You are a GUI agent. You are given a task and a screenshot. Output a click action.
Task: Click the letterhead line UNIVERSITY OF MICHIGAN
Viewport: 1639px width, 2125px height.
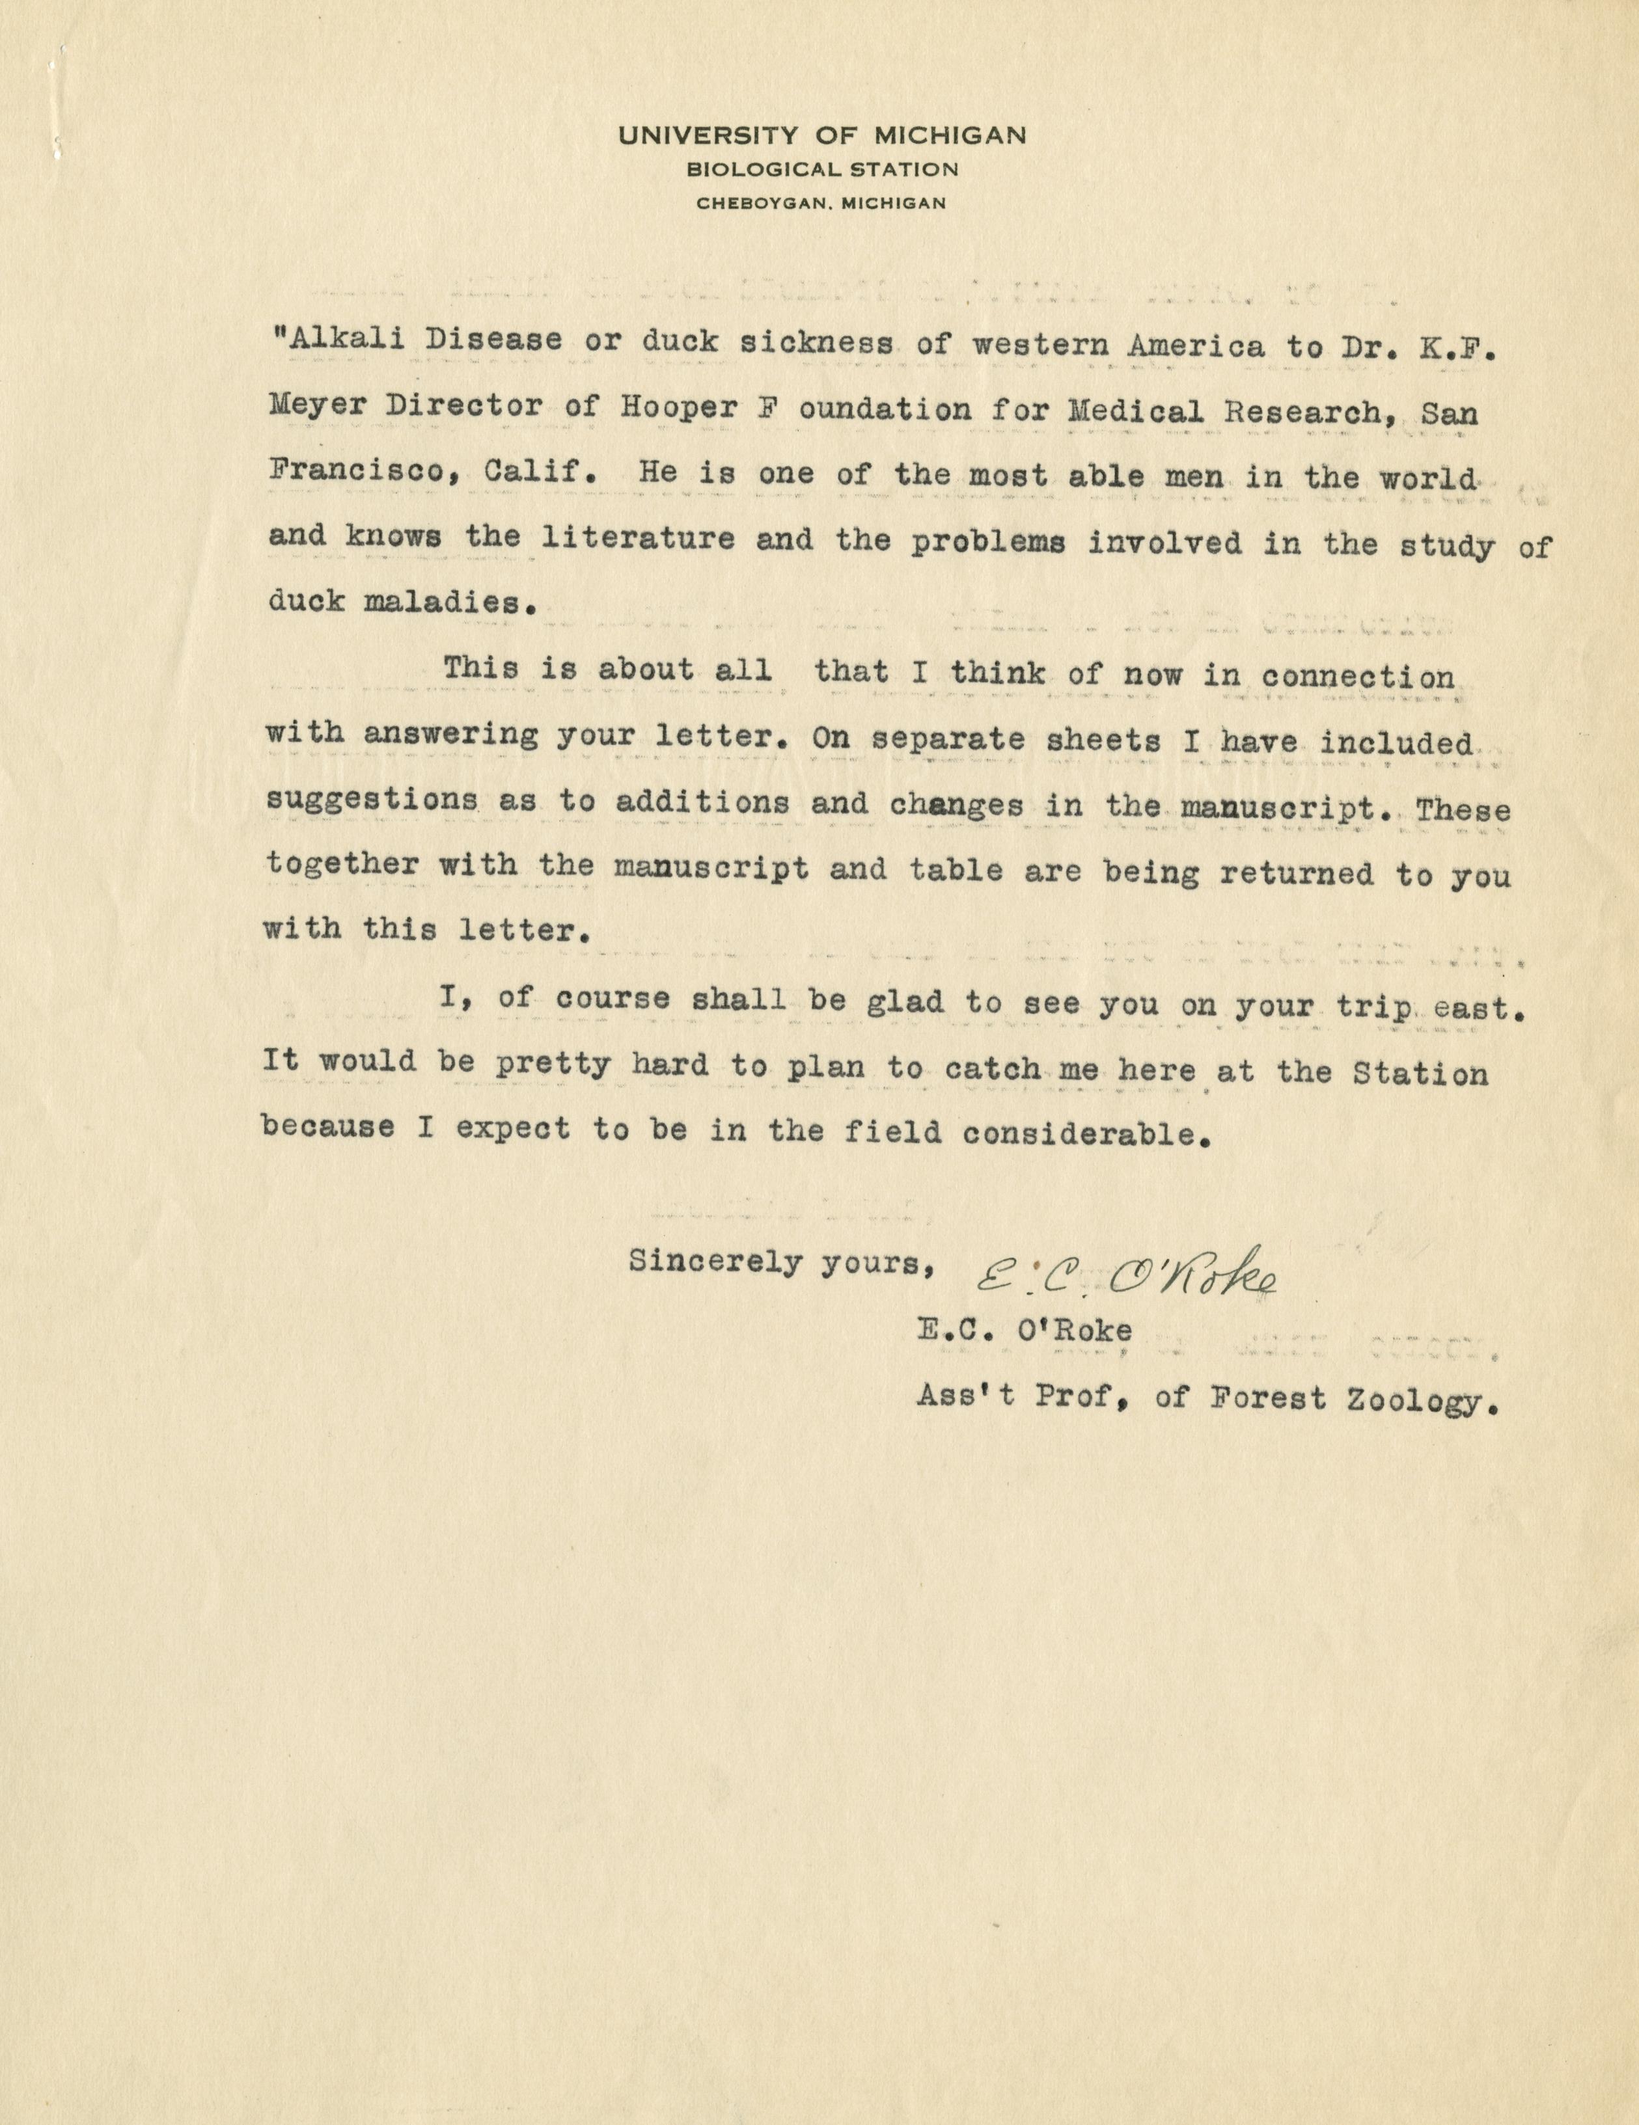tap(821, 136)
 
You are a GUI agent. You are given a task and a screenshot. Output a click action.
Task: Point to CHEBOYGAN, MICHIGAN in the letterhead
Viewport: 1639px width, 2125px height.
tap(821, 204)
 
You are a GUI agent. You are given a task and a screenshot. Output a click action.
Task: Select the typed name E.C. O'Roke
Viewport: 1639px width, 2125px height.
tap(1024, 1330)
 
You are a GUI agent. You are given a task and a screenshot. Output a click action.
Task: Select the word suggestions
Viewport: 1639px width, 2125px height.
tap(371, 801)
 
